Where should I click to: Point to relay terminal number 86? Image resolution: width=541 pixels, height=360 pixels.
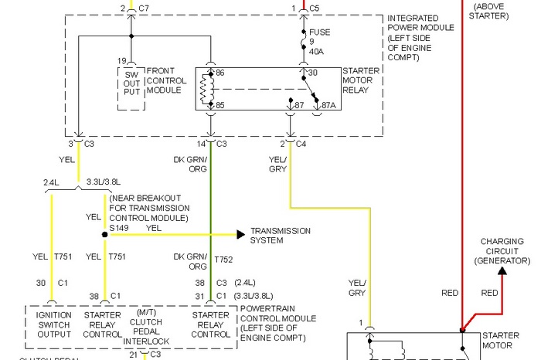point(219,72)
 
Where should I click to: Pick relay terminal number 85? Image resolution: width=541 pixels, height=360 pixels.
point(219,104)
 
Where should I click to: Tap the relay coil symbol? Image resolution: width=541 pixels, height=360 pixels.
point(205,89)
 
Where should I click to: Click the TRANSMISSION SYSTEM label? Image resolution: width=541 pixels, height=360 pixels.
point(280,236)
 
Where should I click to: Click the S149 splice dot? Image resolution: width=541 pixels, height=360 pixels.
point(104,233)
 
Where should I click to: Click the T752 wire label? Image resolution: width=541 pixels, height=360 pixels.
point(223,260)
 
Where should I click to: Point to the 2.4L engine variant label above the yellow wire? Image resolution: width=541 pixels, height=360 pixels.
point(51,183)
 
